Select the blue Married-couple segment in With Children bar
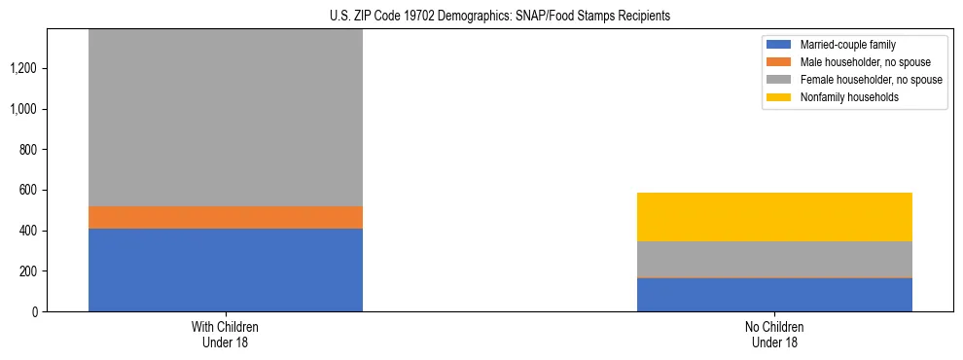pyautogui.click(x=225, y=270)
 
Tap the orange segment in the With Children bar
pyautogui.click(x=225, y=217)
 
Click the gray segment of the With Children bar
pyautogui.click(x=225, y=117)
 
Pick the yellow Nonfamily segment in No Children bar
pyautogui.click(x=774, y=217)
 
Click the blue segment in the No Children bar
pyautogui.click(x=774, y=294)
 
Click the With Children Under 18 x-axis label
pyautogui.click(x=225, y=334)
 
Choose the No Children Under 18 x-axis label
pyautogui.click(x=774, y=334)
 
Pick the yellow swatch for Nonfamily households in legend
pyautogui.click(x=779, y=97)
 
